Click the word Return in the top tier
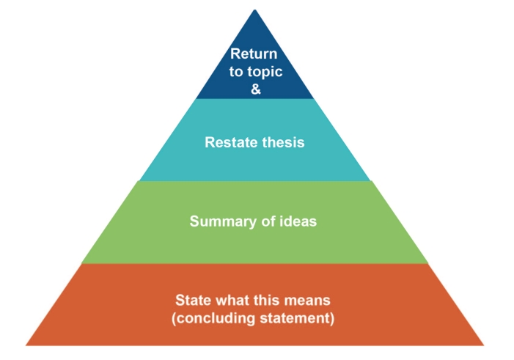point(254,54)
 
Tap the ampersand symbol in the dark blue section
point(256,89)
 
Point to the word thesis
point(279,142)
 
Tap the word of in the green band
point(268,221)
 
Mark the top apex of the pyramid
point(254,10)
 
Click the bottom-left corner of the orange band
point(26,345)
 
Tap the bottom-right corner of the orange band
point(483,345)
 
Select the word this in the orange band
point(264,301)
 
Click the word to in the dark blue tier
point(235,71)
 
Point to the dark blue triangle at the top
point(254,65)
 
